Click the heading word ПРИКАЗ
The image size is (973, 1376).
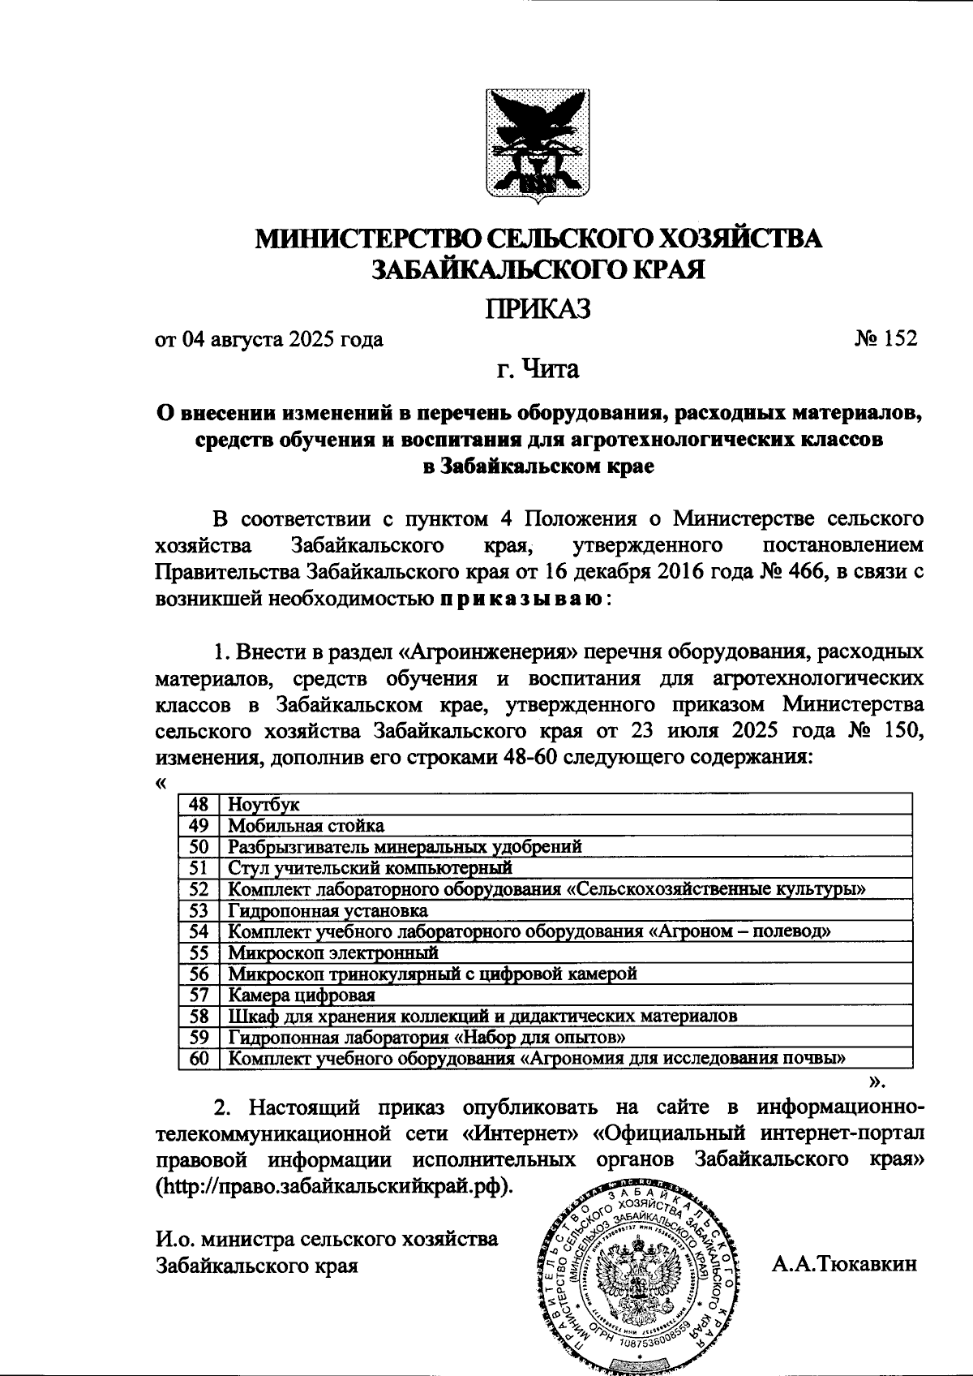pyautogui.click(x=538, y=309)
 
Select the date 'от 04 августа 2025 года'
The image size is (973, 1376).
pyautogui.click(x=269, y=339)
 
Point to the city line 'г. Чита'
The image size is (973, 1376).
pyautogui.click(x=538, y=370)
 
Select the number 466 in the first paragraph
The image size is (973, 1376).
pyautogui.click(x=806, y=573)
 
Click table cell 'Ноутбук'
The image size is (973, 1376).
pyautogui.click(x=264, y=804)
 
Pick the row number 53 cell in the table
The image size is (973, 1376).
pyautogui.click(x=199, y=910)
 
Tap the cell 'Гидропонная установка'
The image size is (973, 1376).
pyautogui.click(x=328, y=910)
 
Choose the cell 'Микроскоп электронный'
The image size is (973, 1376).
pyautogui.click(x=332, y=952)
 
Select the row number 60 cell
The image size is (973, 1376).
pyautogui.click(x=199, y=1058)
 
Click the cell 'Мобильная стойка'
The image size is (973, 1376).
pyautogui.click(x=306, y=826)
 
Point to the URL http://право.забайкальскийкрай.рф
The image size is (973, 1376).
pyautogui.click(x=334, y=1186)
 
